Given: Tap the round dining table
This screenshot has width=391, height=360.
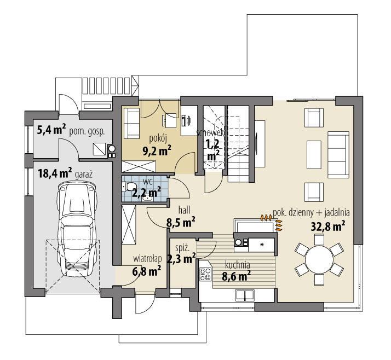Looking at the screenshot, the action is [x=319, y=260].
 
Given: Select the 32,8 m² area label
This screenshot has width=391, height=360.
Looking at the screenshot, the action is [x=328, y=226].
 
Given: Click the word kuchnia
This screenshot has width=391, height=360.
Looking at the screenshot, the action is [x=238, y=265].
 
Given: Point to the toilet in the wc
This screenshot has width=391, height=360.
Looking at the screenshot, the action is [x=129, y=187].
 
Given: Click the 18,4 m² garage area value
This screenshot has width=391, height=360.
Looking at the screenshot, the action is [x=55, y=173].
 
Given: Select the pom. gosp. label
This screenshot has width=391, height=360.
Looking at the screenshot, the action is [x=87, y=131].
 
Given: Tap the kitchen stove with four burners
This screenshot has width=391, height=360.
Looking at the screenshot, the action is [x=206, y=274].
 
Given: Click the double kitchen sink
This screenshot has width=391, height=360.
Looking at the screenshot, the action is [x=245, y=295].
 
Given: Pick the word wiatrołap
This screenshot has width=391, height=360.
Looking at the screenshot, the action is [x=147, y=259].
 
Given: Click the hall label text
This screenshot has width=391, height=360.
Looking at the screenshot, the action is [x=184, y=210].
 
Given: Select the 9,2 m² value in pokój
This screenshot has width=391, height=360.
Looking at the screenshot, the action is [x=157, y=150].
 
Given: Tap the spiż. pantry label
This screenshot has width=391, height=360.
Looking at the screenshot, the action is [x=182, y=248].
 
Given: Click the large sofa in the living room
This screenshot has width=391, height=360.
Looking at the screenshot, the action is [x=338, y=155].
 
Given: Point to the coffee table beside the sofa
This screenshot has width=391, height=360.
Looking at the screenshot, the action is [x=314, y=155].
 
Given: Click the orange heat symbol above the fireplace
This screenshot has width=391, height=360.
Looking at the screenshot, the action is [x=266, y=217].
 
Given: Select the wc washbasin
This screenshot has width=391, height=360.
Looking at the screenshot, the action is [x=147, y=198].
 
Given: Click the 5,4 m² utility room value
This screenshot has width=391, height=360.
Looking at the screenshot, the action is [x=51, y=130].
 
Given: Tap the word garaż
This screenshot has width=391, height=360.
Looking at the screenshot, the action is [x=84, y=175].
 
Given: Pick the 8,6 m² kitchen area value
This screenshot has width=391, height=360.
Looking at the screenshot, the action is [x=236, y=276].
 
